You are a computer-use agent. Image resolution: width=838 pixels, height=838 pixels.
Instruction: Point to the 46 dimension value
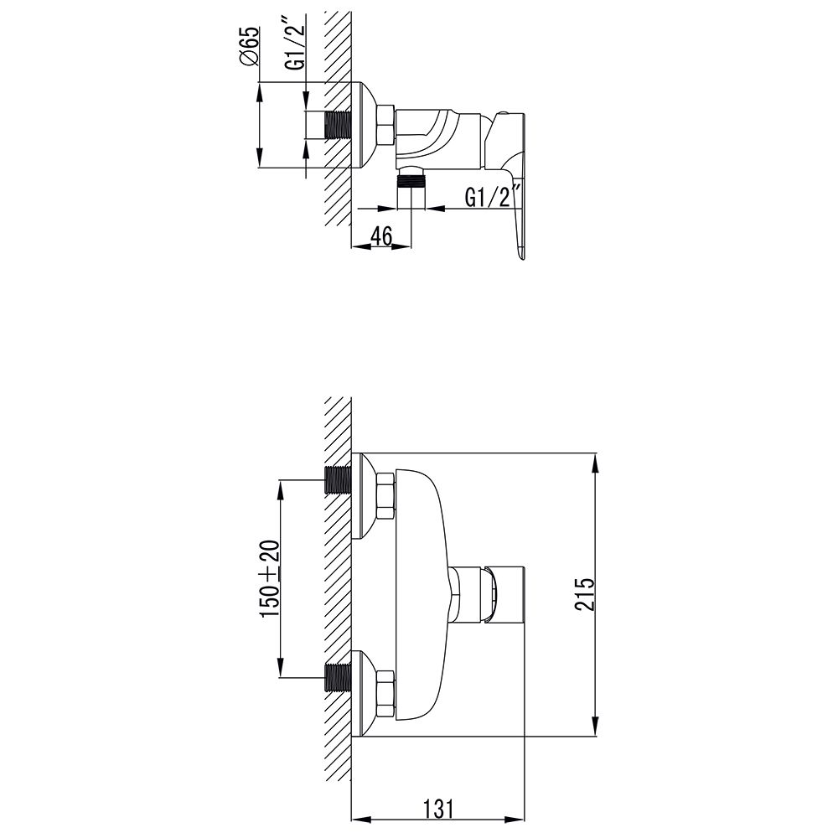pos(381,236)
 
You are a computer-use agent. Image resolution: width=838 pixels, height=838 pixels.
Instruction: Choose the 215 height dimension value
pos(584,594)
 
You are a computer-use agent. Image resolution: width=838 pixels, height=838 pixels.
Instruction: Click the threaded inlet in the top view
pos(338,126)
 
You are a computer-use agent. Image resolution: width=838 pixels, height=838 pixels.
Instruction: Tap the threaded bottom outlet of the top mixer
pos(411,189)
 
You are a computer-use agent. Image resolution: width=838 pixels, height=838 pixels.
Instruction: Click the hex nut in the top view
pos(385,125)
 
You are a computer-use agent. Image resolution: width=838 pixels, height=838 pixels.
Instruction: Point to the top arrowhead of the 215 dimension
pos(594,461)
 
